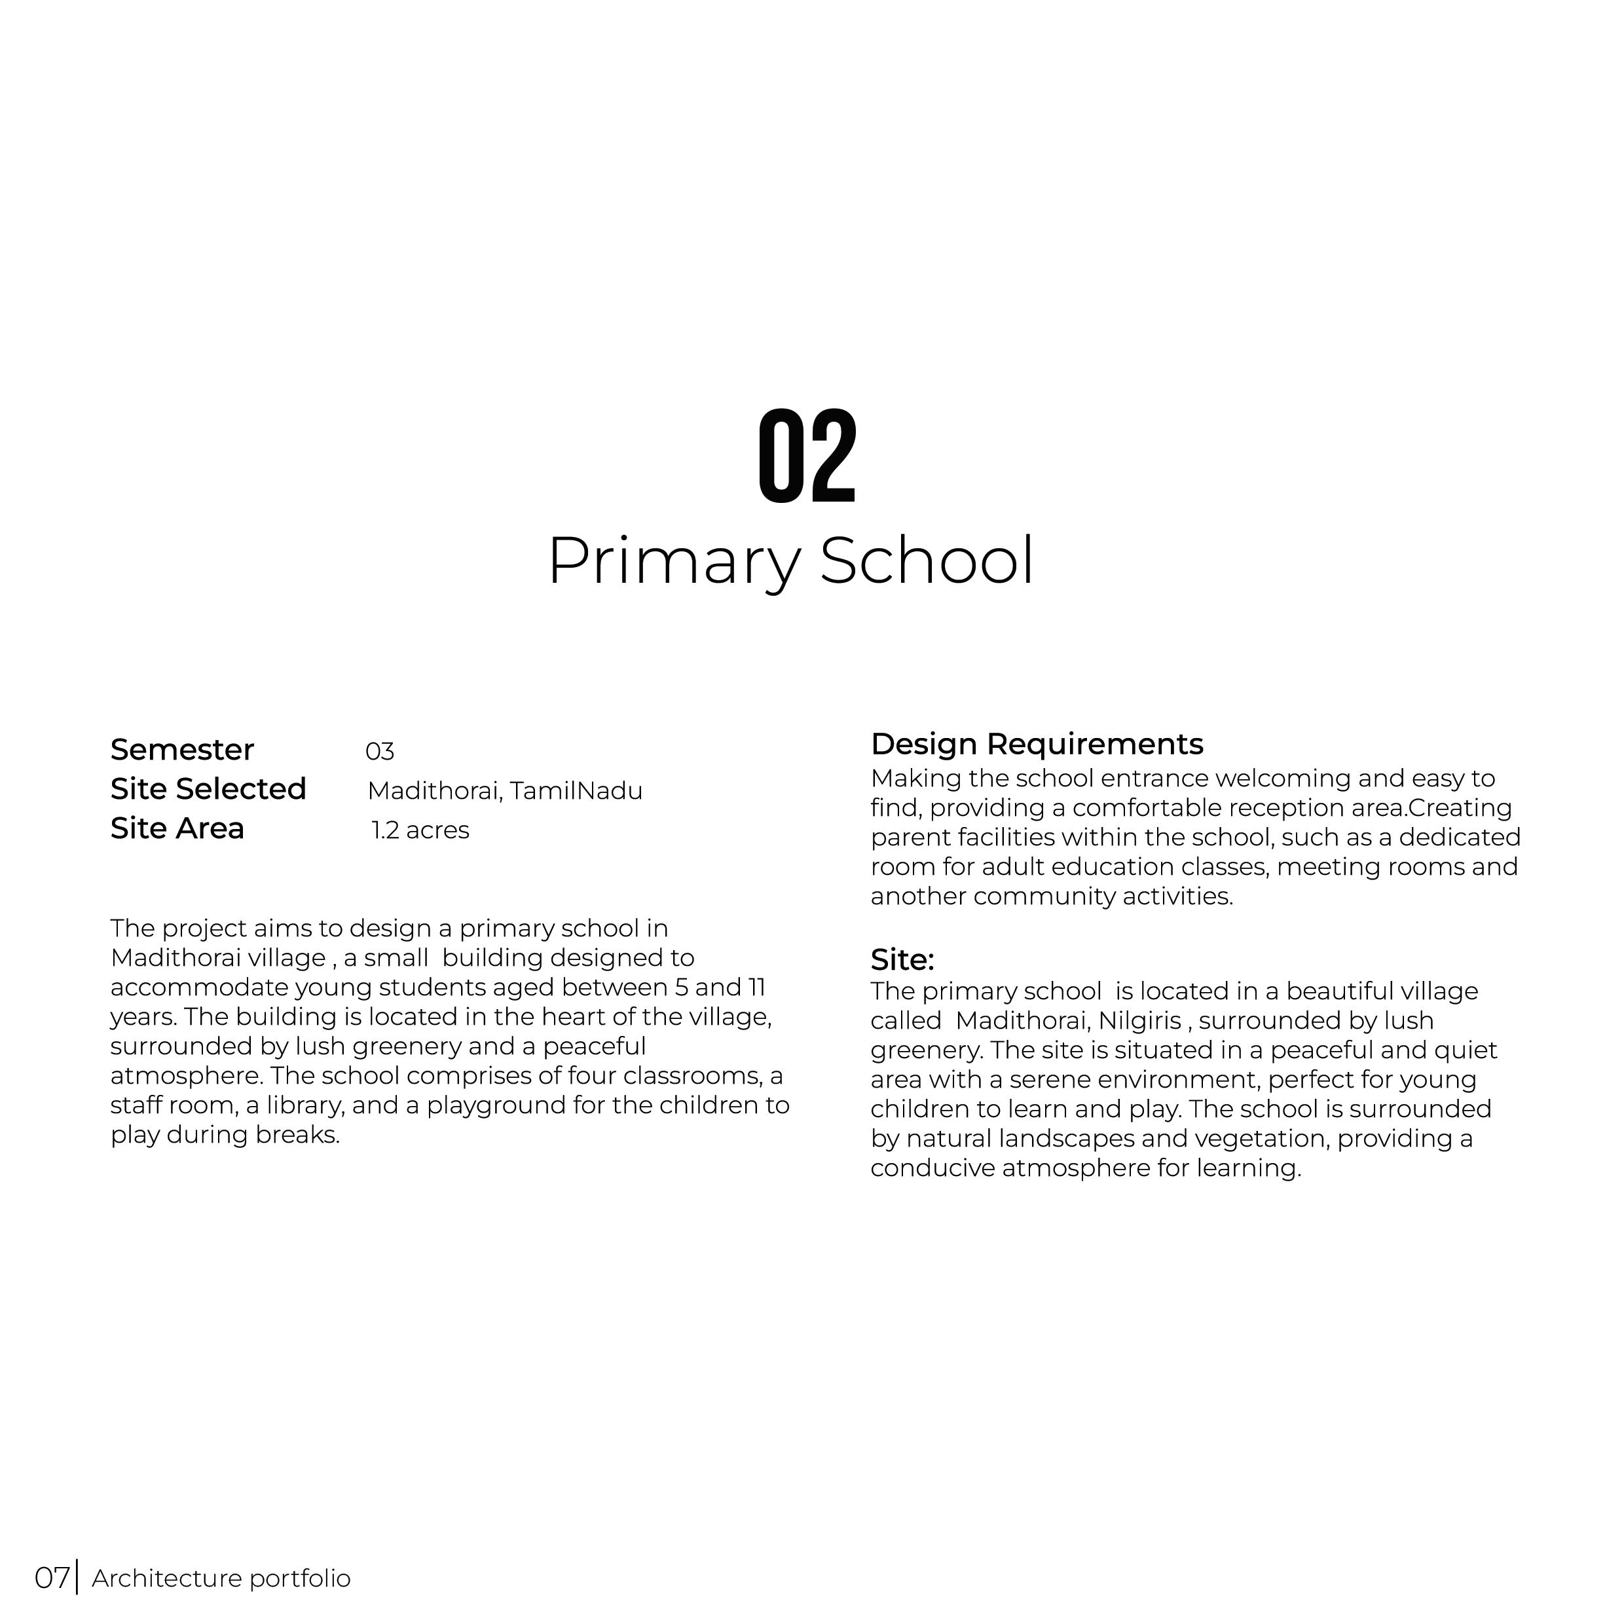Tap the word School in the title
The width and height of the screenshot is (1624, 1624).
click(x=927, y=561)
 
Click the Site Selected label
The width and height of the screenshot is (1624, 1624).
click(x=208, y=789)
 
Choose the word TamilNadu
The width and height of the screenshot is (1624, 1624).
click(x=576, y=791)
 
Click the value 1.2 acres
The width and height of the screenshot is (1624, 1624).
click(x=420, y=830)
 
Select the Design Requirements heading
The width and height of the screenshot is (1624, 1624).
click(x=1037, y=745)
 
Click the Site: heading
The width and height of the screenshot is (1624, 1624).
click(x=902, y=959)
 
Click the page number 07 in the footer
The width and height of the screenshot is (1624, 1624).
click(x=51, y=1578)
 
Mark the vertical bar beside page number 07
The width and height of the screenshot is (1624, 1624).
click(x=77, y=1576)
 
